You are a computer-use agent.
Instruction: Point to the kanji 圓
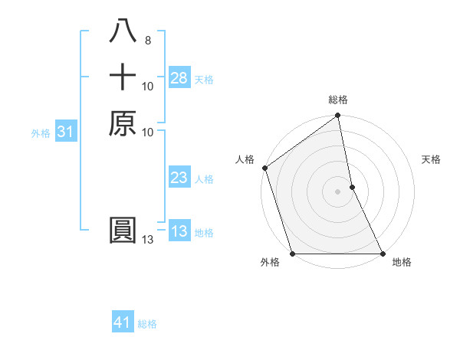123,231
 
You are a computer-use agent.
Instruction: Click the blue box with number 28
179,78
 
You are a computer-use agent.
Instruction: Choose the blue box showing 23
179,178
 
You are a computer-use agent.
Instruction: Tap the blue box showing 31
66,133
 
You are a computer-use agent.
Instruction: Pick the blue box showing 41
123,323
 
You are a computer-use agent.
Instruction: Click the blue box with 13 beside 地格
179,232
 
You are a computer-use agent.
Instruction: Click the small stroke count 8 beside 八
147,41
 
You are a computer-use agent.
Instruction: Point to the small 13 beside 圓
148,240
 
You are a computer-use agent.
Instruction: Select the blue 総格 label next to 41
147,324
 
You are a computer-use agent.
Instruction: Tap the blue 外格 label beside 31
41,133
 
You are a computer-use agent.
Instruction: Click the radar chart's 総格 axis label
338,100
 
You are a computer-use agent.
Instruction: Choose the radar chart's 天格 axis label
431,159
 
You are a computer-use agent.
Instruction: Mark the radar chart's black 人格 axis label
245,159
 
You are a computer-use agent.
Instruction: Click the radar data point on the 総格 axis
338,117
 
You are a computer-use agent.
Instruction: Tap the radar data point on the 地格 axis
383,254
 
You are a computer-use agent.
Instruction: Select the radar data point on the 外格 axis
293,254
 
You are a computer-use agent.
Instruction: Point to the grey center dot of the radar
338,191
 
